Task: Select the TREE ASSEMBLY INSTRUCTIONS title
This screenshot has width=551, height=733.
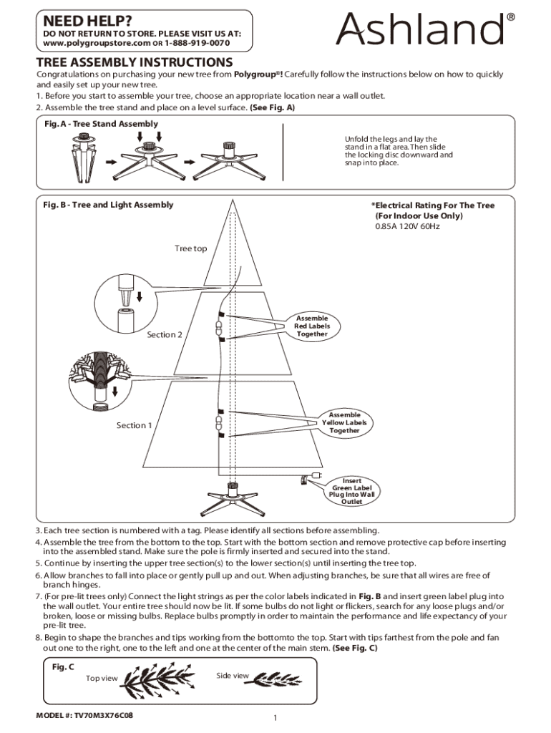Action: [x=135, y=62]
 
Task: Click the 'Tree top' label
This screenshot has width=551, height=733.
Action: [x=190, y=248]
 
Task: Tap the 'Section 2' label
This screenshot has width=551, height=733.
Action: [x=165, y=334]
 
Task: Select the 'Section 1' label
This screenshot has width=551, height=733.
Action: [x=135, y=425]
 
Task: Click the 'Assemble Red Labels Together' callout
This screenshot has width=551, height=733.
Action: [x=312, y=326]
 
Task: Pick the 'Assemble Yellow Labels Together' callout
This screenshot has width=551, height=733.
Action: [x=344, y=423]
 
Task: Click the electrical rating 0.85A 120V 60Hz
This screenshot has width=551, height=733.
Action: [x=407, y=227]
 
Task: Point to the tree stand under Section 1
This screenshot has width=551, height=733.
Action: [x=232, y=496]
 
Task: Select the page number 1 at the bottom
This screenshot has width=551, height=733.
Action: [x=275, y=718]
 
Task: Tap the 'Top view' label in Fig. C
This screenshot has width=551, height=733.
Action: [x=102, y=678]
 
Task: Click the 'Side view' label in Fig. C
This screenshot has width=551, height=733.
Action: [x=233, y=676]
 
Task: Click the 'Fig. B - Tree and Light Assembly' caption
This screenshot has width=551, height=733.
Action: [x=108, y=205]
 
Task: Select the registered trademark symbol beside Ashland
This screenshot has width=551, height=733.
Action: [x=511, y=16]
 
